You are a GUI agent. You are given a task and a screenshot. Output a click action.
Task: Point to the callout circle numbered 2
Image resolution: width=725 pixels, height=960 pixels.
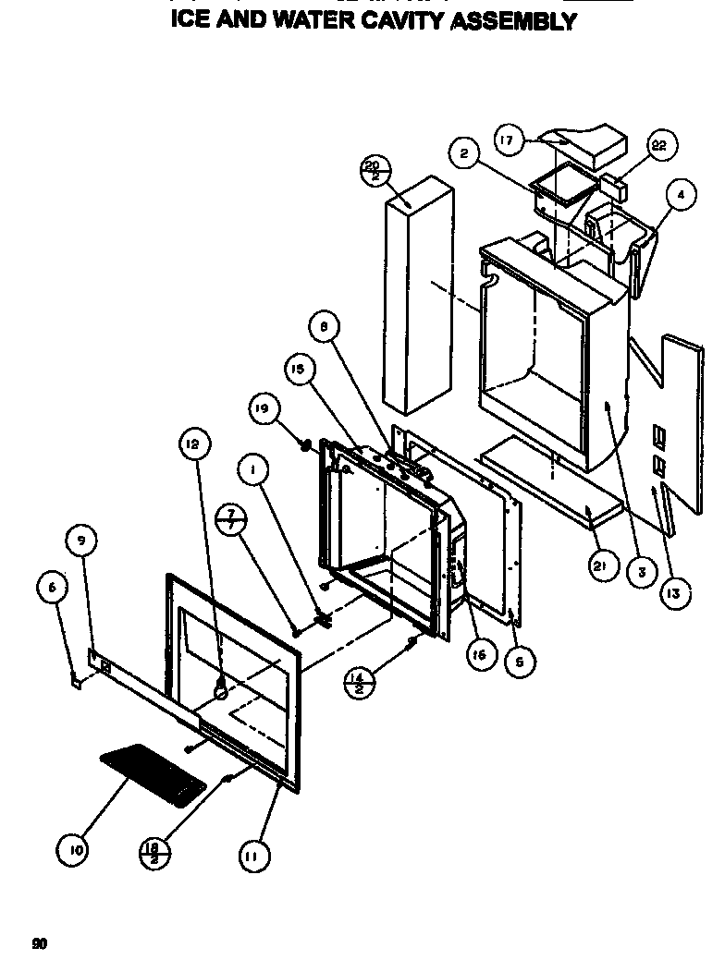click(465, 152)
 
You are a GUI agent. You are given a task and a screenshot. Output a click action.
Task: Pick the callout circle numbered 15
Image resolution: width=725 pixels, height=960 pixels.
click(298, 371)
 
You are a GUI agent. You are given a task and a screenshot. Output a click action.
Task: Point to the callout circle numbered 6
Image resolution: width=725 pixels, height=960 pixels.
click(51, 585)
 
